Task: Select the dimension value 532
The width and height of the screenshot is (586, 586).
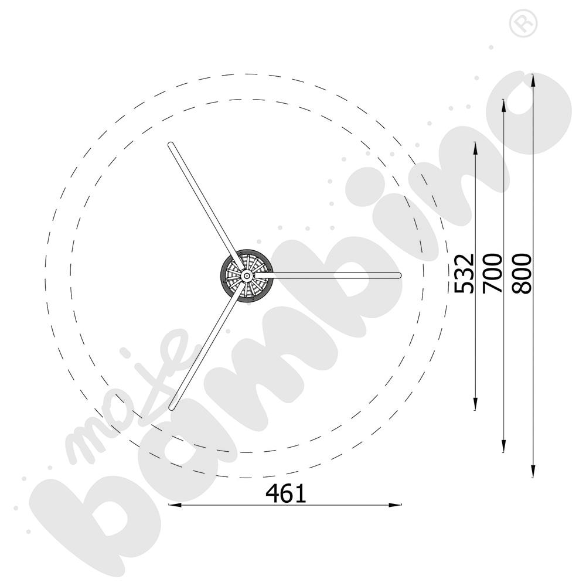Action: click(464, 273)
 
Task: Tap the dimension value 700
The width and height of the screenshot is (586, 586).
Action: click(493, 273)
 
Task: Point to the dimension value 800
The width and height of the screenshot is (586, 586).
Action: click(522, 273)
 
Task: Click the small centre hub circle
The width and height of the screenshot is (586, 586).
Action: click(246, 276)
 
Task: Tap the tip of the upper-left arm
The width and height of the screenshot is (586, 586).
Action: click(171, 145)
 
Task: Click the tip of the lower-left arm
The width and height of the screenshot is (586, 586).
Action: click(172, 407)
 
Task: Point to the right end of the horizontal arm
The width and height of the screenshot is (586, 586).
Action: click(398, 275)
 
